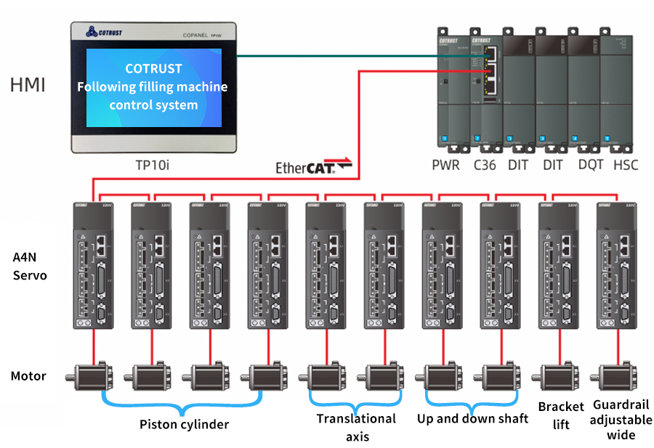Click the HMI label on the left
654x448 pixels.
[x=28, y=85]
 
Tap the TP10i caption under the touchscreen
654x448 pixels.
[x=153, y=166]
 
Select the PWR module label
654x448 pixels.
[x=445, y=165]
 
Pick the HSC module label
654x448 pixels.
[x=625, y=165]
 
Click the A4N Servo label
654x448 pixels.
[x=30, y=266]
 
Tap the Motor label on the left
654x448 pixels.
[x=28, y=376]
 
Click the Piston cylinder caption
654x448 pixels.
[x=184, y=424]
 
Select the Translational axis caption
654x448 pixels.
[x=356, y=427]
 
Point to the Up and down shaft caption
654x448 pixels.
[x=472, y=418]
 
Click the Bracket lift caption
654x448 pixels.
[x=561, y=415]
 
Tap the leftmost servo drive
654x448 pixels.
[x=93, y=265]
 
